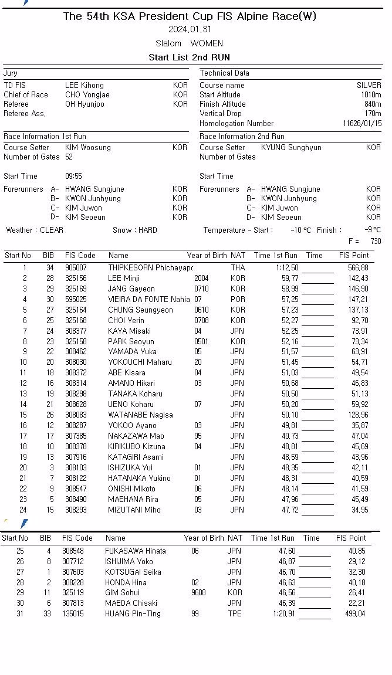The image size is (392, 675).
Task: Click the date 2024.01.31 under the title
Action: [190, 29]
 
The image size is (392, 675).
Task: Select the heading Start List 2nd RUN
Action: [189, 57]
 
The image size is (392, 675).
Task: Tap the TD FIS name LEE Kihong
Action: [84, 86]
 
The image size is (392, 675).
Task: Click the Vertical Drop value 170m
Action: [373, 114]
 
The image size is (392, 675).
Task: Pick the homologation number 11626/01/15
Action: [362, 124]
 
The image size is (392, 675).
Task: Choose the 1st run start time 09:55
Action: [73, 177]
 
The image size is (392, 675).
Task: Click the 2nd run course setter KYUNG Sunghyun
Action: [291, 148]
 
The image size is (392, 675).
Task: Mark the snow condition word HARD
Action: [147, 230]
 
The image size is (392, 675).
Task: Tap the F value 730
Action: [376, 242]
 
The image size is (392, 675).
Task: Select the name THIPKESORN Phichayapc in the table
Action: [150, 268]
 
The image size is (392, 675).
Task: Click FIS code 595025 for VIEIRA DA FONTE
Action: [76, 300]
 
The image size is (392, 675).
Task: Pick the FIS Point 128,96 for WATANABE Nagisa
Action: [357, 415]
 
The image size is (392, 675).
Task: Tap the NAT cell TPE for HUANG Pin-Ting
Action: [234, 614]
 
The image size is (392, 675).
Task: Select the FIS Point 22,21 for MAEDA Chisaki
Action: [356, 603]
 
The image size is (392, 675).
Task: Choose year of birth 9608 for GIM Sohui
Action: [198, 593]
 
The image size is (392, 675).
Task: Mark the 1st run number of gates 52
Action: [69, 157]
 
